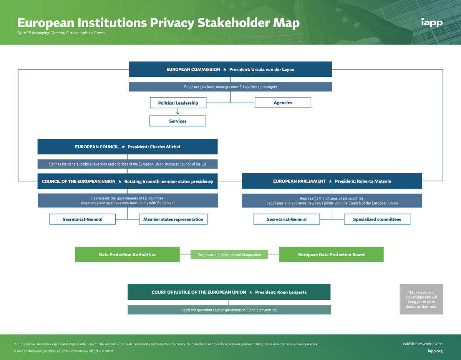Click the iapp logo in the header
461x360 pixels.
pos(431,23)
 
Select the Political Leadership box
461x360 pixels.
pos(178,103)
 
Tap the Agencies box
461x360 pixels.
pos(283,103)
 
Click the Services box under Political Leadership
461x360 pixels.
pos(177,121)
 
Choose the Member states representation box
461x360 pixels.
pos(173,219)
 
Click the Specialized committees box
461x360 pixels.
pos(377,219)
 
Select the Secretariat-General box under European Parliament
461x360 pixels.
pos(287,219)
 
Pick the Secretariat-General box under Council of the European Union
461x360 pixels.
pos(82,219)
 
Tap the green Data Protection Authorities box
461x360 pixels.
pos(127,254)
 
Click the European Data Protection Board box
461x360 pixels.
pos(331,254)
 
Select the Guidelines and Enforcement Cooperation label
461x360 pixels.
pos(229,254)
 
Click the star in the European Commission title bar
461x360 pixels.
pos(224,70)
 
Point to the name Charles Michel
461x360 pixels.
pos(165,147)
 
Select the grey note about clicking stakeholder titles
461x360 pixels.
pos(421,299)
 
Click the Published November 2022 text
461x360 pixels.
pos(423,344)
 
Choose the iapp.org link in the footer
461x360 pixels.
pos(435,351)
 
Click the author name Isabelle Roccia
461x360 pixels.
pos(93,33)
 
